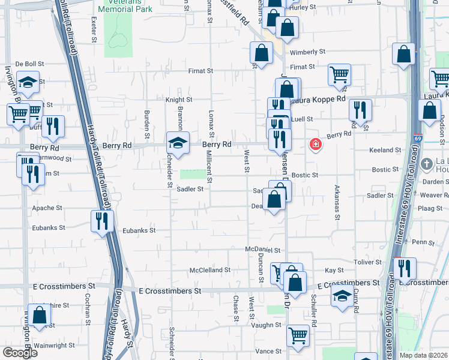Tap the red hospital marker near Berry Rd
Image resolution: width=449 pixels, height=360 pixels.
tap(315, 145)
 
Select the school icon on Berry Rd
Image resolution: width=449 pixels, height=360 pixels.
tap(178, 143)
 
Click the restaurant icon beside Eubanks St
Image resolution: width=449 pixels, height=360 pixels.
tap(101, 220)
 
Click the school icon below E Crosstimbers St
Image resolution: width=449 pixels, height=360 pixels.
tap(342, 296)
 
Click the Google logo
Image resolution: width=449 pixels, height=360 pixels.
tap(19, 352)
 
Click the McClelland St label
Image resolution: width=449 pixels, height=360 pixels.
tap(210, 271)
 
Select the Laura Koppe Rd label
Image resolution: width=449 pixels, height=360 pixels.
tap(323, 98)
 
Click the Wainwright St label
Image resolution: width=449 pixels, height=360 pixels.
tap(54, 346)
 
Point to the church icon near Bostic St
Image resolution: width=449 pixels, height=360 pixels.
tap(426, 164)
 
